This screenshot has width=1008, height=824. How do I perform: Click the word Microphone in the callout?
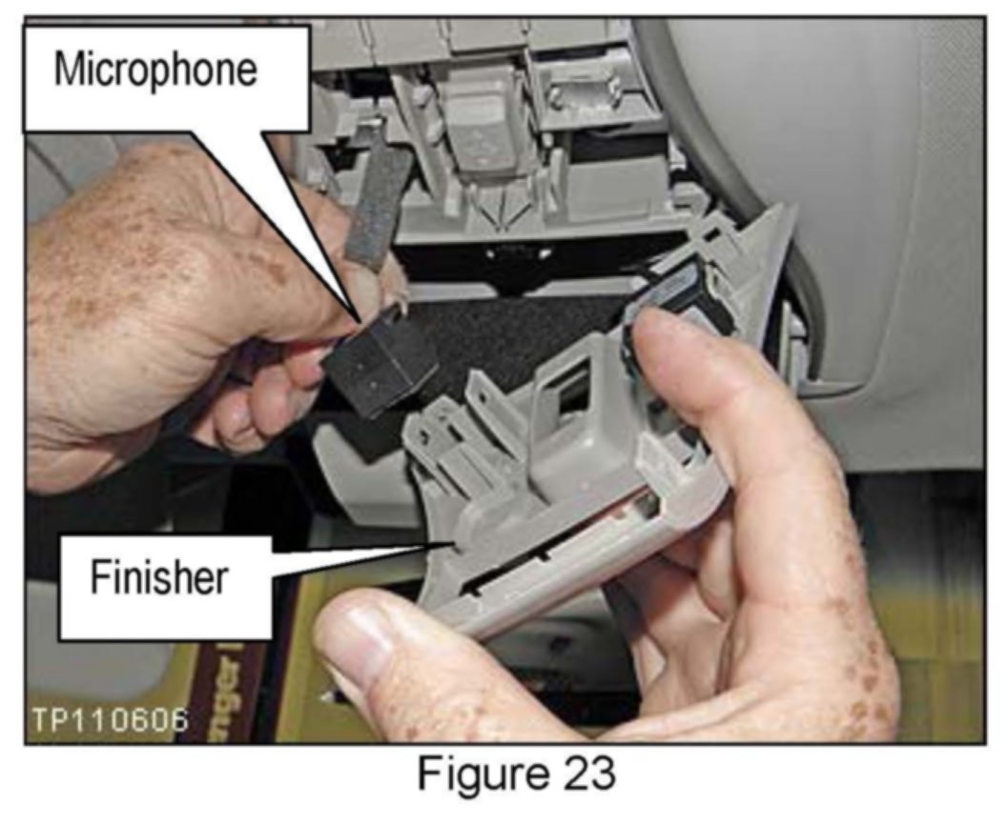[x=155, y=70]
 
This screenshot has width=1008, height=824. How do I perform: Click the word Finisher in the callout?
[x=159, y=577]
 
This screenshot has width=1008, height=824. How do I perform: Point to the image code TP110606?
[x=110, y=720]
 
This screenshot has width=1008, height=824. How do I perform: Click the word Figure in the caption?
[x=483, y=774]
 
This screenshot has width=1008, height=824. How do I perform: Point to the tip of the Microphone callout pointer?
[x=360, y=321]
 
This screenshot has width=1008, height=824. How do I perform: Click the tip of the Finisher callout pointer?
[x=454, y=543]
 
